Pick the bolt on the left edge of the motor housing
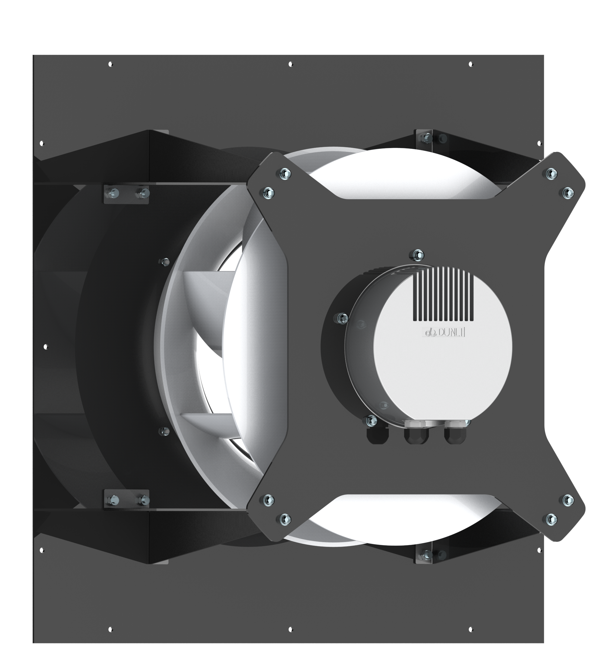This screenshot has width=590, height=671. point(342,318)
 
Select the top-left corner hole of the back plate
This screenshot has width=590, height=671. point(110,64)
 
